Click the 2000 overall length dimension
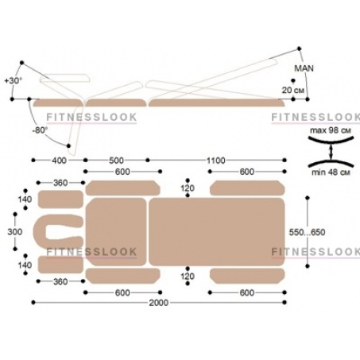(x=159, y=303)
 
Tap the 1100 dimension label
(x=216, y=161)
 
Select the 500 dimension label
(x=116, y=161)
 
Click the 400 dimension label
(x=59, y=161)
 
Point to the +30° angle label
(x=14, y=80)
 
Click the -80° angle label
(x=40, y=130)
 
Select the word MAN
(x=304, y=68)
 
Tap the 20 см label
(x=292, y=90)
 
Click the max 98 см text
(x=331, y=130)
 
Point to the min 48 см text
(x=331, y=172)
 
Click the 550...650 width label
(x=307, y=232)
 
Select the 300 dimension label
(x=15, y=232)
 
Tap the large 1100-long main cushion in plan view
(x=217, y=232)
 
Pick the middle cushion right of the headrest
(x=116, y=232)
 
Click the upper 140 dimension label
(x=25, y=199)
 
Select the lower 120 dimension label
(x=188, y=277)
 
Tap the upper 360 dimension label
(x=60, y=183)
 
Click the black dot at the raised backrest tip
(x=300, y=48)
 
